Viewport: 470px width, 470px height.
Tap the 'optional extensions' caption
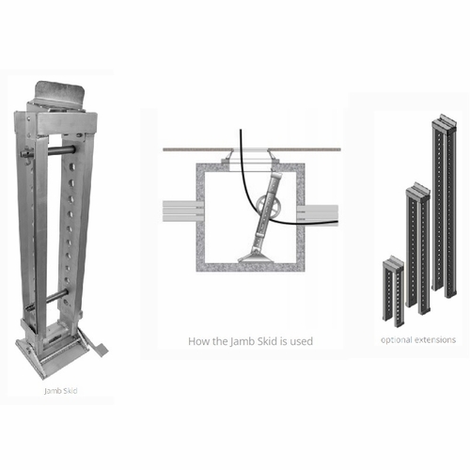[x=418, y=337]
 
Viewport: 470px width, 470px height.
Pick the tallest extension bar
[x=444, y=202]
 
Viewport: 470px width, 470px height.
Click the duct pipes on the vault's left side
[x=179, y=212]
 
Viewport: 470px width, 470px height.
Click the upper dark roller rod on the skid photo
[x=58, y=149]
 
